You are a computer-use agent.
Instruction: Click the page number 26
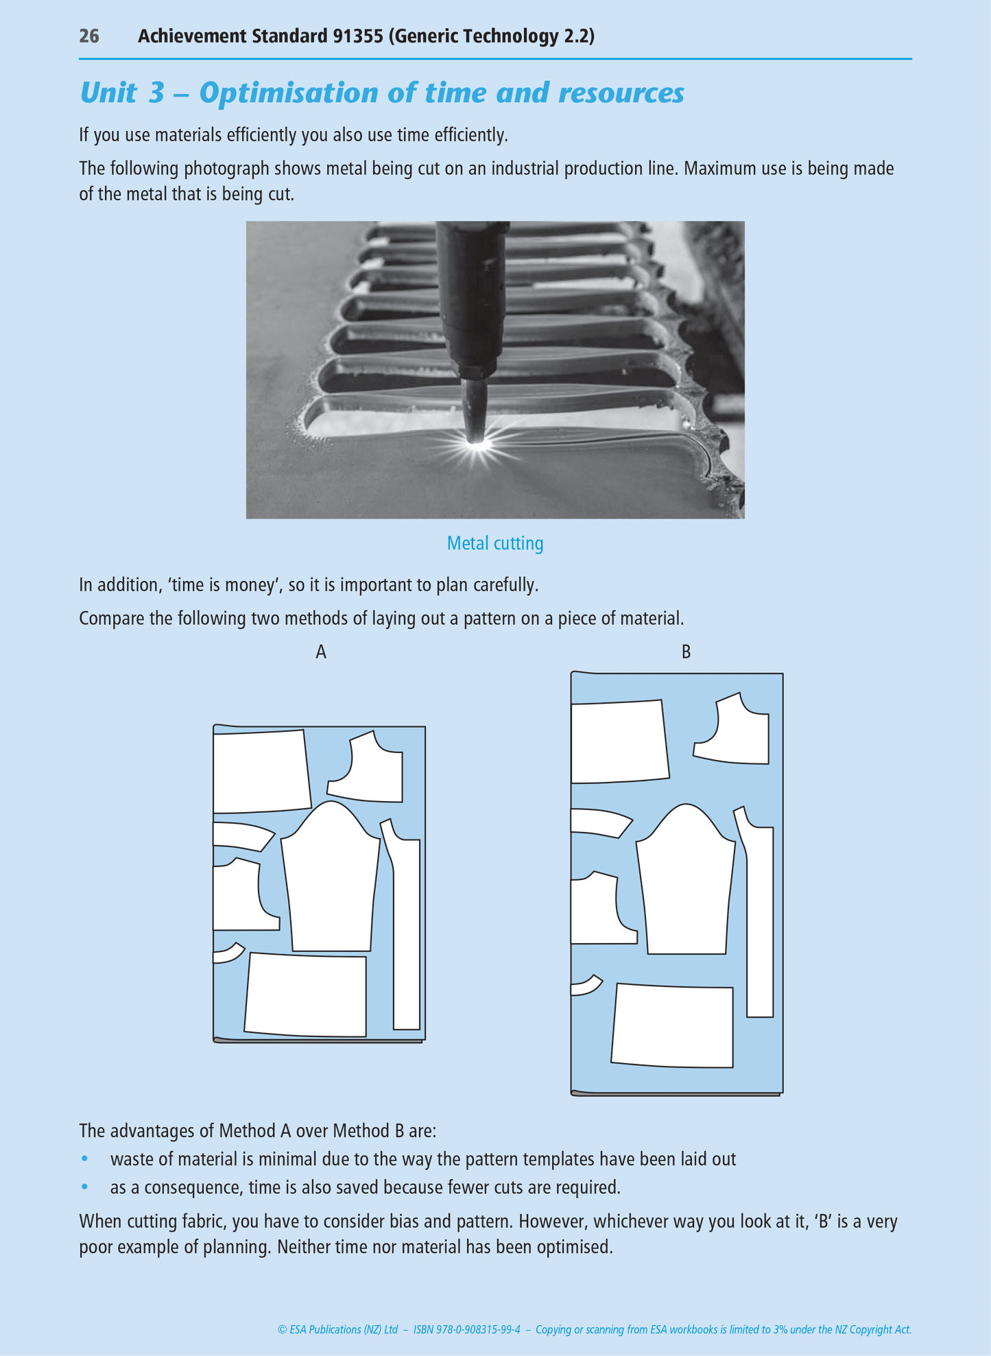tap(89, 36)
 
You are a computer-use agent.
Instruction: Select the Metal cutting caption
tap(494, 543)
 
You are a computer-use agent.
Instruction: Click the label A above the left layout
tap(321, 652)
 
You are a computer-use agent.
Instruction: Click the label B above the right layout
tap(686, 652)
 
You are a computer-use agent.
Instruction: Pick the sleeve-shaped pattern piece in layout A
tap(331, 881)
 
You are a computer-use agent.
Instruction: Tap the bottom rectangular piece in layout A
tap(307, 995)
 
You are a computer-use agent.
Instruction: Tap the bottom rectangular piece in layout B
tap(673, 1026)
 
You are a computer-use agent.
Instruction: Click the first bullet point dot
tap(85, 1158)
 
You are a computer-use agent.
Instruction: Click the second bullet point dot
tap(85, 1186)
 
